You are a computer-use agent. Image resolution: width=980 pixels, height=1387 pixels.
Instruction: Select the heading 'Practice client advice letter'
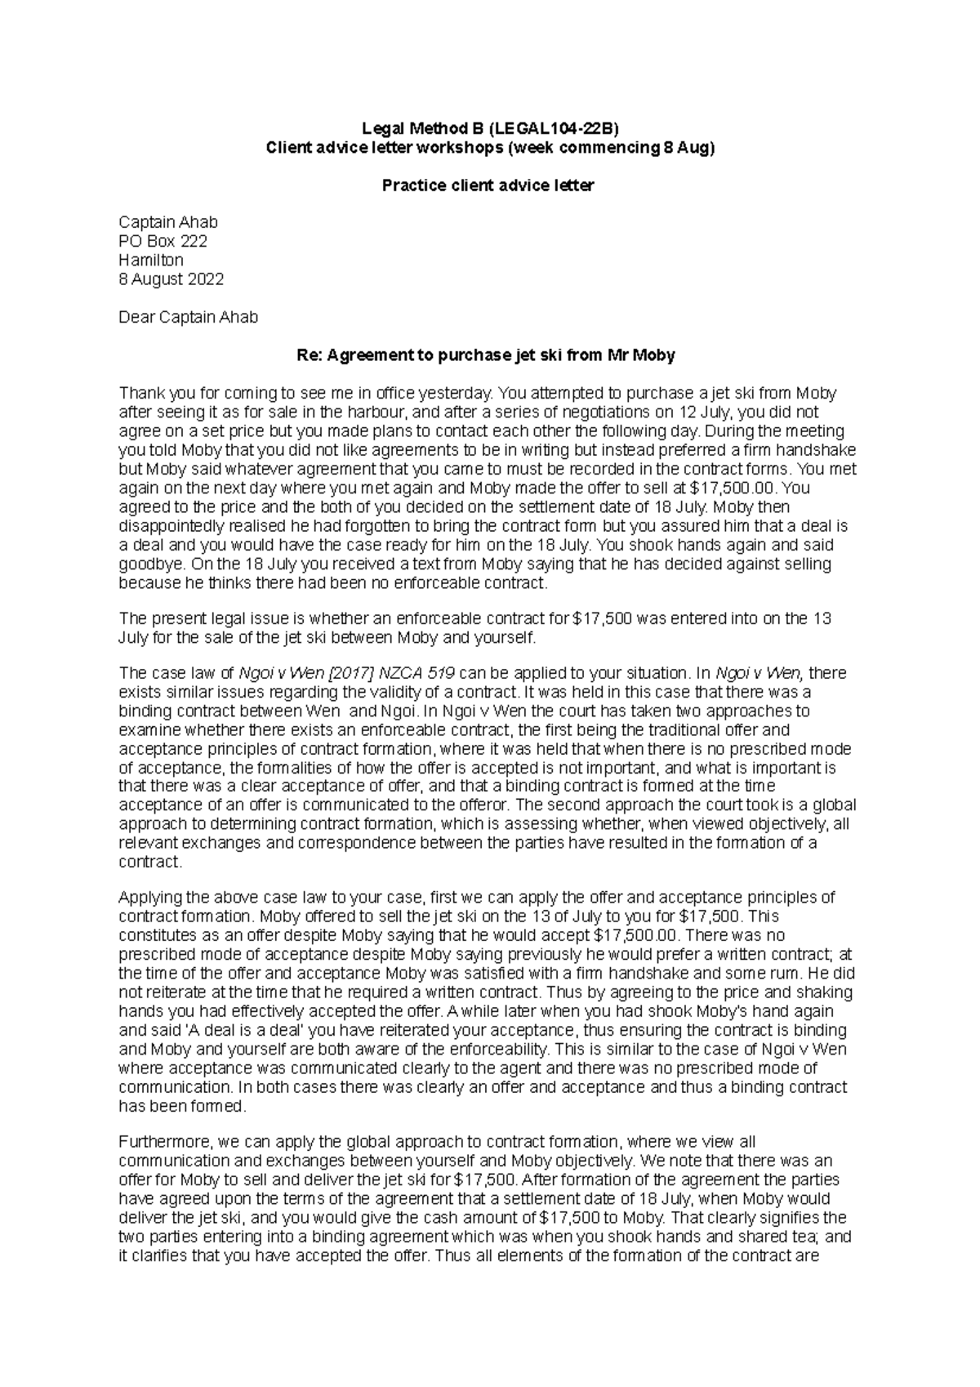click(x=488, y=185)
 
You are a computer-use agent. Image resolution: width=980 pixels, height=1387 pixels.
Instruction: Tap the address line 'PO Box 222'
click(x=163, y=241)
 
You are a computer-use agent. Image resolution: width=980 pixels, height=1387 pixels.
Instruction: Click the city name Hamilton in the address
click(x=151, y=260)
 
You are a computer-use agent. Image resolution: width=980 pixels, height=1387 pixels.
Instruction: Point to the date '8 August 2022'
click(x=171, y=279)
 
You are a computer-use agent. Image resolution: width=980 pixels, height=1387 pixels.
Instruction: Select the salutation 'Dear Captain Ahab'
click(x=189, y=317)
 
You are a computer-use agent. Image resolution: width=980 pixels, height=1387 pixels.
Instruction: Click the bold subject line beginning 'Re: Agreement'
click(x=488, y=355)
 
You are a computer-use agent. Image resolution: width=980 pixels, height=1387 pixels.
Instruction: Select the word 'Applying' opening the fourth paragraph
click(x=146, y=897)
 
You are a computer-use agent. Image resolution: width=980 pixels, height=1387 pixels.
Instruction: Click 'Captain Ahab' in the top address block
click(x=168, y=222)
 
